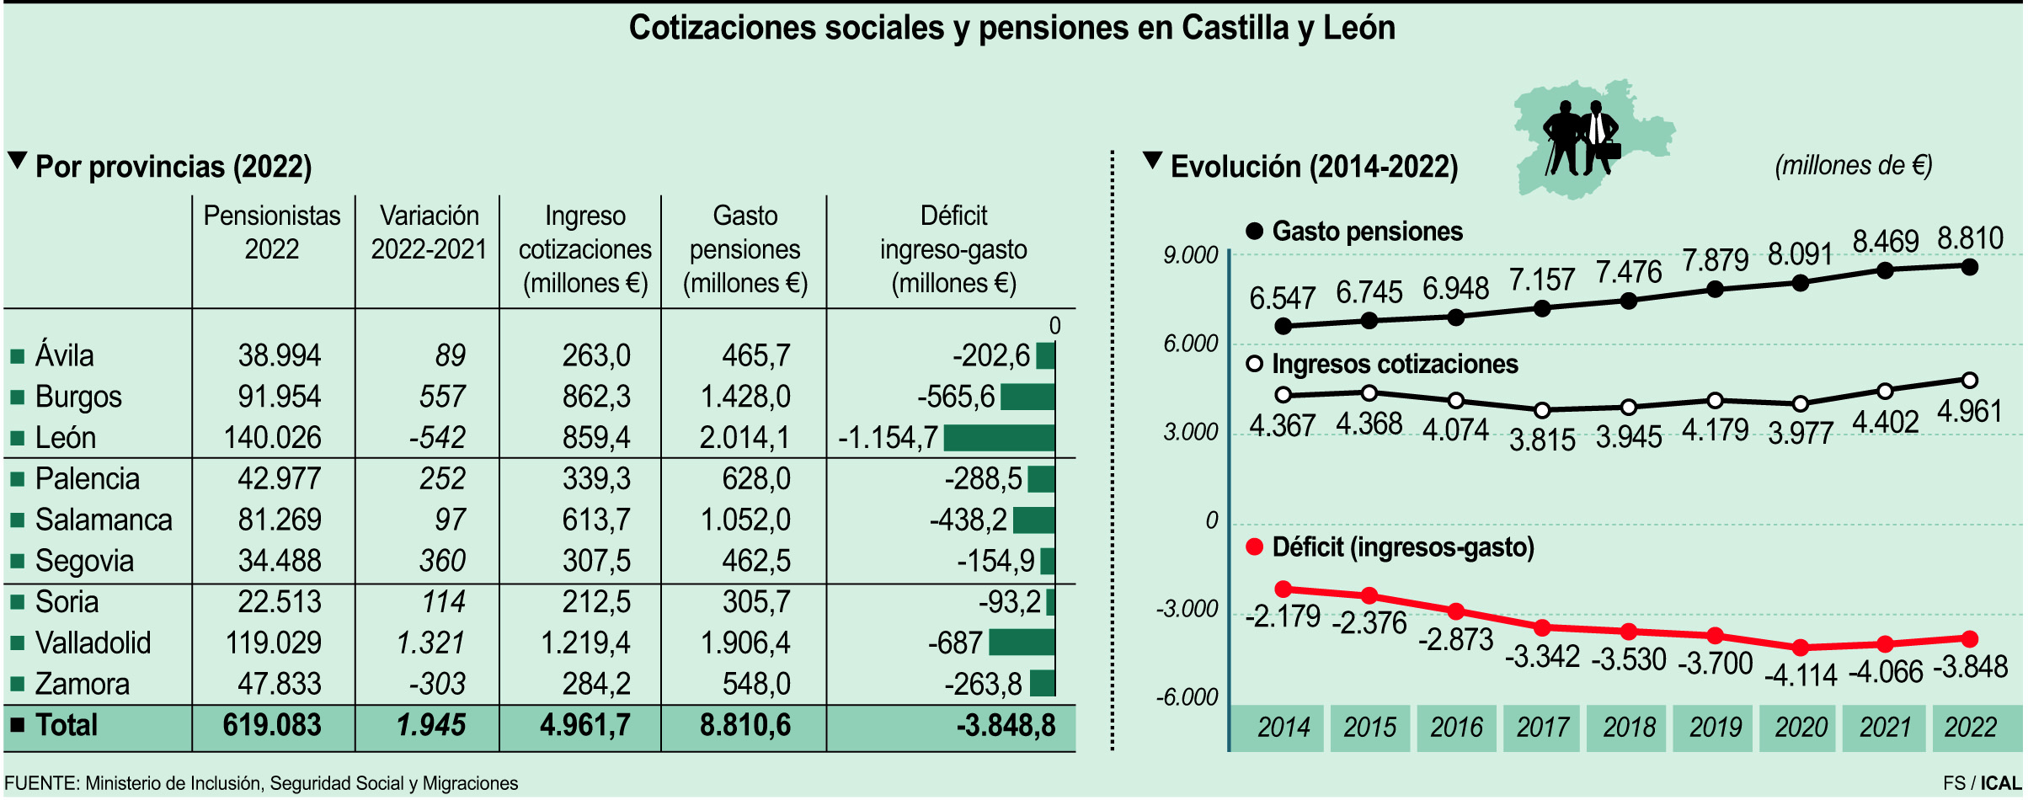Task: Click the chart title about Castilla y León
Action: [1011, 28]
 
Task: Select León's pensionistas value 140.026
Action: [272, 437]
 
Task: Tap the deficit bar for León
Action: [999, 437]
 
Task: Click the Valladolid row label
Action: [93, 643]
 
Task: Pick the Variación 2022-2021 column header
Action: [429, 232]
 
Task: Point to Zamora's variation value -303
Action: [437, 683]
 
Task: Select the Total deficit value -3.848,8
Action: [1006, 725]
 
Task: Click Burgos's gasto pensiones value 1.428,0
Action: [745, 396]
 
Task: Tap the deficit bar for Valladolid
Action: [1022, 643]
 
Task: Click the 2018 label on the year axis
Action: [1629, 727]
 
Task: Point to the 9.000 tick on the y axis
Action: [1190, 254]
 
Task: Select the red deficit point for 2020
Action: [1801, 648]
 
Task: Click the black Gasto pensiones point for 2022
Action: [1970, 267]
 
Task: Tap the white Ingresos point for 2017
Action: [1542, 410]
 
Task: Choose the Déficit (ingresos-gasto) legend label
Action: [1402, 547]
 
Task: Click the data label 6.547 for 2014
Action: [1282, 298]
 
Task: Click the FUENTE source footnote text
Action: [261, 783]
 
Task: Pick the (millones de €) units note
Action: [1853, 165]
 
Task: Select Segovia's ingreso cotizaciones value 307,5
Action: [596, 561]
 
